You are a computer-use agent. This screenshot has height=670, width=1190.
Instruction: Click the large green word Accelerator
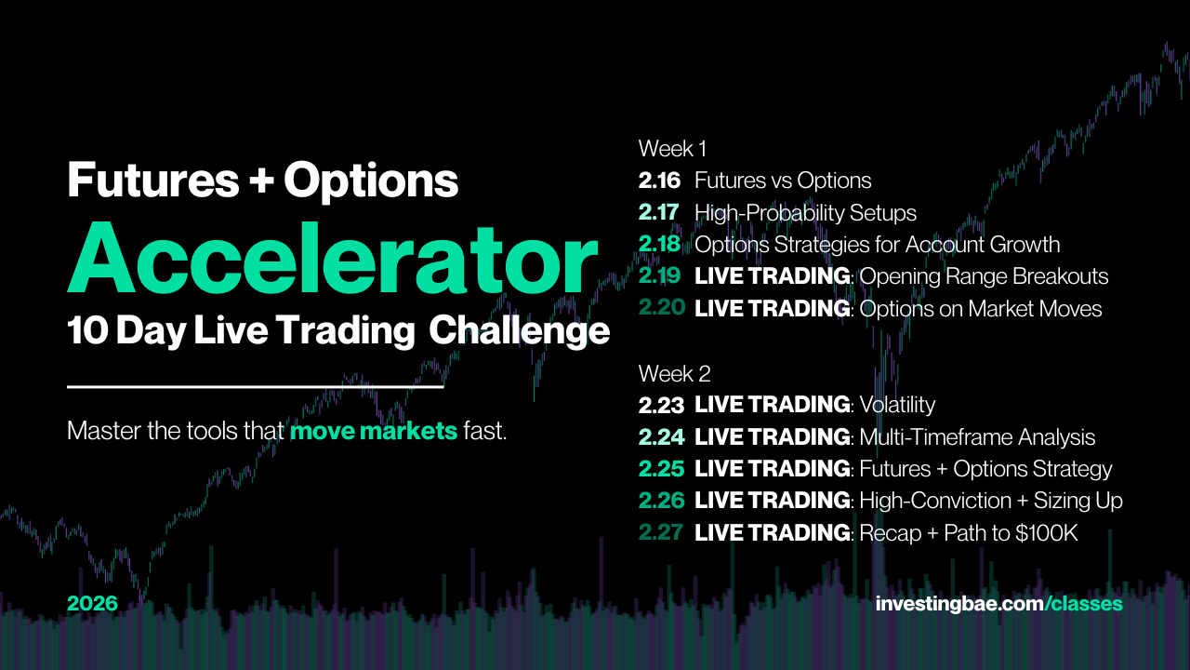tap(333, 259)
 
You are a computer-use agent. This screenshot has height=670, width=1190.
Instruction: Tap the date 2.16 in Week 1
tap(659, 181)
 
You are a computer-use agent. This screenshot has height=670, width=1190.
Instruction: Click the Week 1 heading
tap(672, 149)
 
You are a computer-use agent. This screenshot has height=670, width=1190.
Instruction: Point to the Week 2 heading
tap(674, 374)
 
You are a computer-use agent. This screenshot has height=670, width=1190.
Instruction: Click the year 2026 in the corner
tap(92, 604)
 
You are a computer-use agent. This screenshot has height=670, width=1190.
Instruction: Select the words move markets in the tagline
tap(374, 431)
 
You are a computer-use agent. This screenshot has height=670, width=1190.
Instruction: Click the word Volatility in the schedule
tap(897, 405)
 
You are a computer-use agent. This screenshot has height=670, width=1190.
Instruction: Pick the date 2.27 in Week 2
tap(661, 532)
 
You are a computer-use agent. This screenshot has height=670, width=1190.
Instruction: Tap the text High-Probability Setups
tap(805, 213)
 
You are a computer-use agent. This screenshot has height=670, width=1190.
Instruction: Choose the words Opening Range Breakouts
tap(984, 276)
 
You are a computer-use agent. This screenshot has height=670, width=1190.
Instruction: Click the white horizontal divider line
tap(256, 386)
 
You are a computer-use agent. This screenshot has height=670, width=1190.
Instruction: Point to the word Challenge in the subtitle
tap(520, 330)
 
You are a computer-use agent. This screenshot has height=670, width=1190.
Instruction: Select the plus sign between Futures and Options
tap(261, 181)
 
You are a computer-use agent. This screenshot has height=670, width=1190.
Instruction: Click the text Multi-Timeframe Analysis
tap(977, 437)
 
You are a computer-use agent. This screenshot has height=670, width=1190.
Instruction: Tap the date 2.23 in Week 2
tap(661, 406)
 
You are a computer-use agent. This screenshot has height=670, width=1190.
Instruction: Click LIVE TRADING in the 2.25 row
tap(773, 469)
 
